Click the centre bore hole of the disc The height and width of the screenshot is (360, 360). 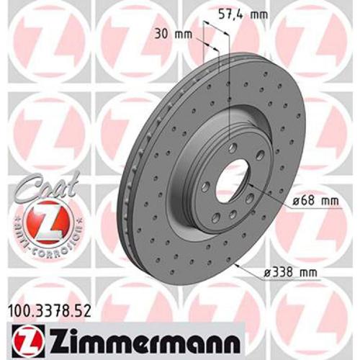tap(232, 183)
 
